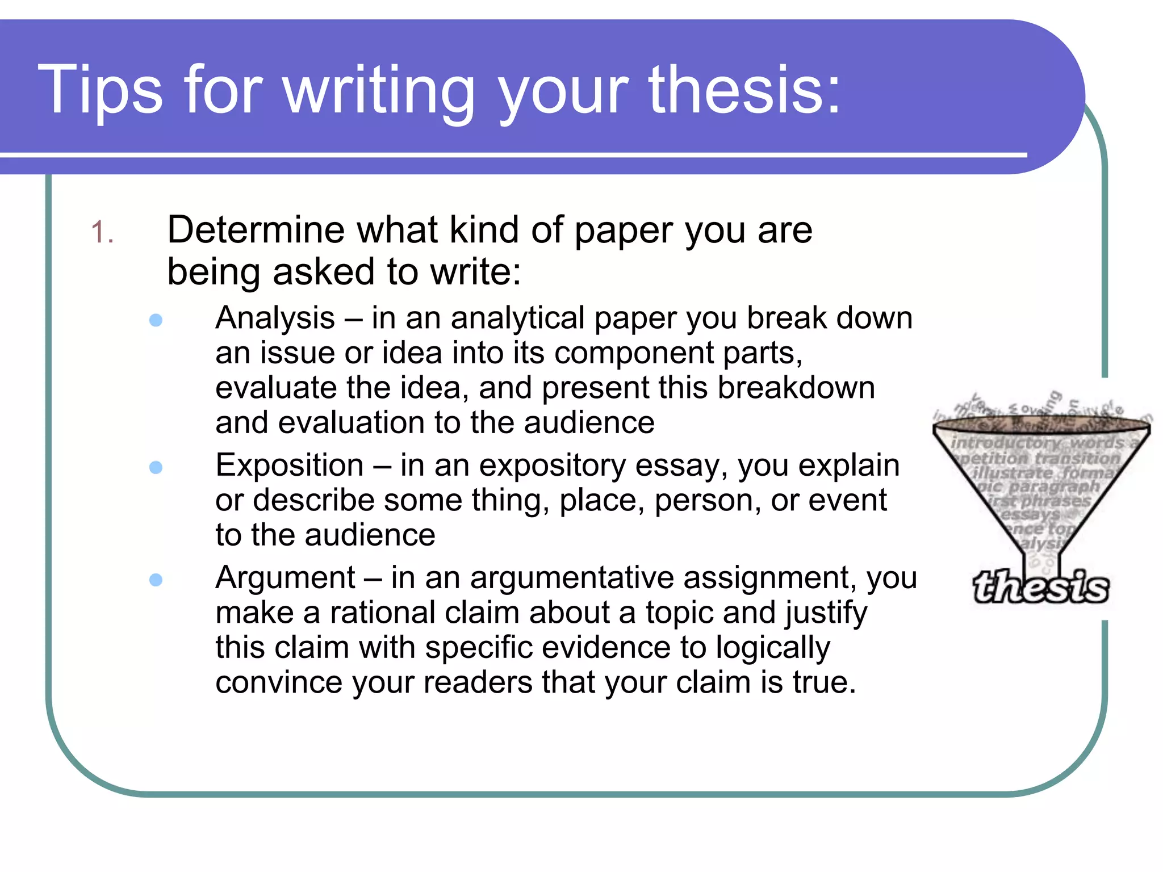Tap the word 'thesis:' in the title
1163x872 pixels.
tap(744, 90)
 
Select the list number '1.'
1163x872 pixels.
tap(102, 233)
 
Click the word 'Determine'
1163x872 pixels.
tap(256, 230)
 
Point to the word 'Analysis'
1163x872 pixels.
tap(275, 318)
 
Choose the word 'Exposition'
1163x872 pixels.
tap(290, 466)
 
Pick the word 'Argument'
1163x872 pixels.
tap(285, 578)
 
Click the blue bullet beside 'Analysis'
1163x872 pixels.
tap(156, 320)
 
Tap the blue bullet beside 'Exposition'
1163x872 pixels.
tap(156, 467)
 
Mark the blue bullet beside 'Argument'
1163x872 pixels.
tap(156, 580)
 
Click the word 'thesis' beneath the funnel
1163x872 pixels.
tap(1040, 587)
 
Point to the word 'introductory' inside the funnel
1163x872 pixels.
tap(1006, 442)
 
